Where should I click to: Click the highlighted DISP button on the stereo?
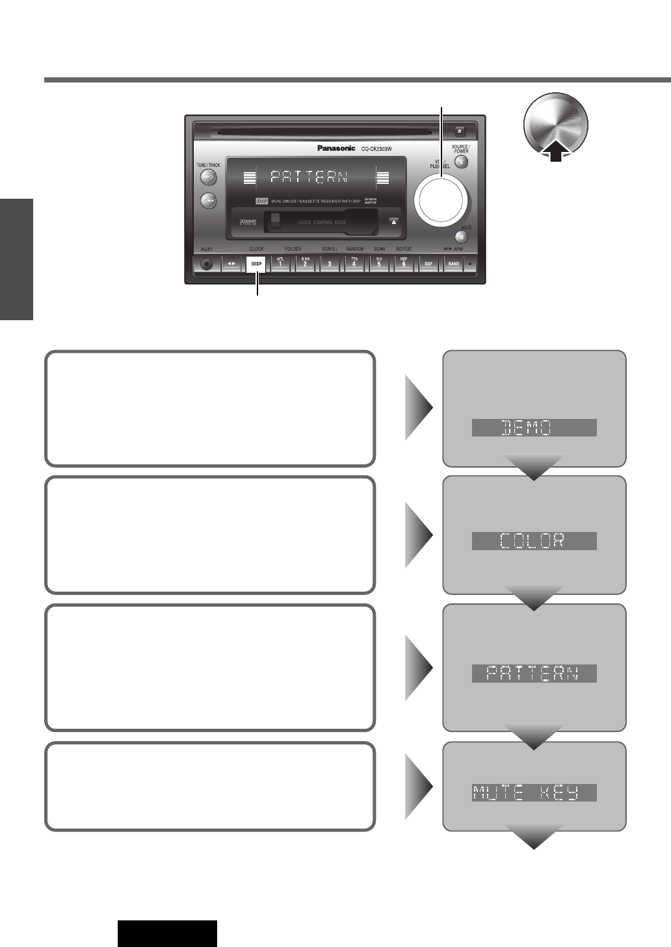click(x=256, y=264)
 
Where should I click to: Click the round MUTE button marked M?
click(x=462, y=238)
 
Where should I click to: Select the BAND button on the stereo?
click(x=453, y=264)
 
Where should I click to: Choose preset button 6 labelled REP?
click(x=403, y=264)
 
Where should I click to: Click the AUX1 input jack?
click(x=207, y=264)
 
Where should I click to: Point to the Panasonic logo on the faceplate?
click(x=336, y=148)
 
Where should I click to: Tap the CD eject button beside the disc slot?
click(x=458, y=130)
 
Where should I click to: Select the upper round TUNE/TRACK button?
click(x=208, y=177)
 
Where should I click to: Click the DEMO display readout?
click(x=534, y=427)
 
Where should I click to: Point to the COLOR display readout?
click(x=534, y=540)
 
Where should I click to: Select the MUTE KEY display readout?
click(x=534, y=792)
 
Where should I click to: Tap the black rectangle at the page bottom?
click(x=167, y=933)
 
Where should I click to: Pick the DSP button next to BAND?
click(x=428, y=264)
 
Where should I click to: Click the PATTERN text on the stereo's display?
click(x=309, y=177)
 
